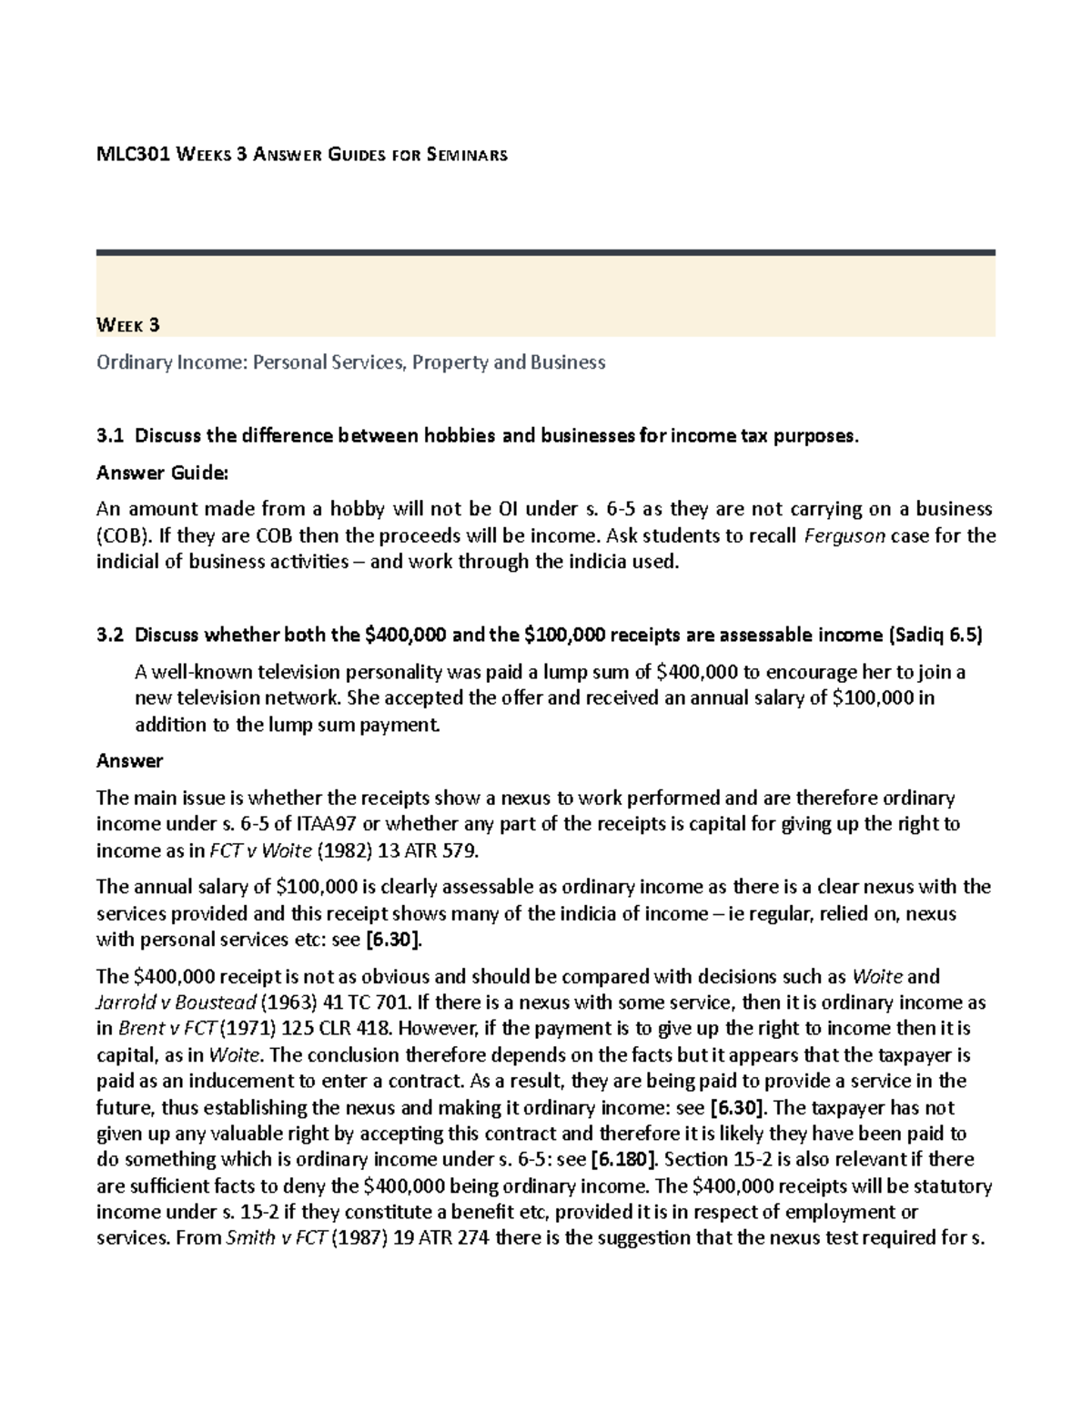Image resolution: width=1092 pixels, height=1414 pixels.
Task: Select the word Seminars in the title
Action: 463,155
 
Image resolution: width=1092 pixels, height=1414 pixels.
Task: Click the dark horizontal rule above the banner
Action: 545,252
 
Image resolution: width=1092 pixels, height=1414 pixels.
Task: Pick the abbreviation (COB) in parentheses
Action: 121,535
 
